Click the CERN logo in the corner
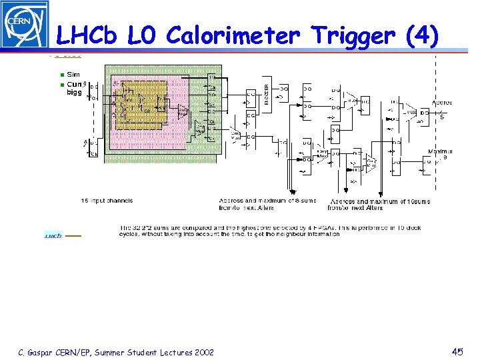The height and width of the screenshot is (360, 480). [25, 25]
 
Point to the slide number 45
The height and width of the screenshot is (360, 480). [457, 351]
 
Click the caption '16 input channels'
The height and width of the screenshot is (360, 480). [107, 201]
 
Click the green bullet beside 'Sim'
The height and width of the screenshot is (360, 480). [62, 75]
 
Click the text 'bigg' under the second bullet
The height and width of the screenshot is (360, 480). [74, 93]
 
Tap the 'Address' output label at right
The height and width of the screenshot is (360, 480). [441, 103]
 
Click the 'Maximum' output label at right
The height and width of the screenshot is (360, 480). [441, 151]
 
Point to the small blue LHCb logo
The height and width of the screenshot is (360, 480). [53, 235]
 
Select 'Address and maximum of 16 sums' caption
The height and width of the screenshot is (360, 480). [380, 201]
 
